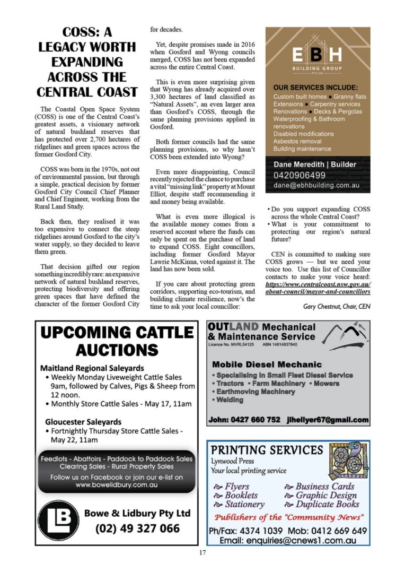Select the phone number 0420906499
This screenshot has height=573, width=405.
click(300, 175)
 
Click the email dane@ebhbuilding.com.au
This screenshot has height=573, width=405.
click(316, 186)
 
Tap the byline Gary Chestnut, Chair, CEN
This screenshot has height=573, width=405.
click(337, 306)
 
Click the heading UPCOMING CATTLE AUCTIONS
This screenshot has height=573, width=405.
click(117, 341)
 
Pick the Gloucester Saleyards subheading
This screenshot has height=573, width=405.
click(83, 422)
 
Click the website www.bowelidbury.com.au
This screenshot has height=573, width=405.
click(117, 485)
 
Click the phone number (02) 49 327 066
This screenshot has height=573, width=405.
click(137, 528)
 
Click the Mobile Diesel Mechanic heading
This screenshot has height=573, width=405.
click(267, 364)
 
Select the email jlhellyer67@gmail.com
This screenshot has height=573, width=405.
click(327, 420)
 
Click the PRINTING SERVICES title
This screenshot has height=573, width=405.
click(267, 450)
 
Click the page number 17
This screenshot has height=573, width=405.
click(202, 553)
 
